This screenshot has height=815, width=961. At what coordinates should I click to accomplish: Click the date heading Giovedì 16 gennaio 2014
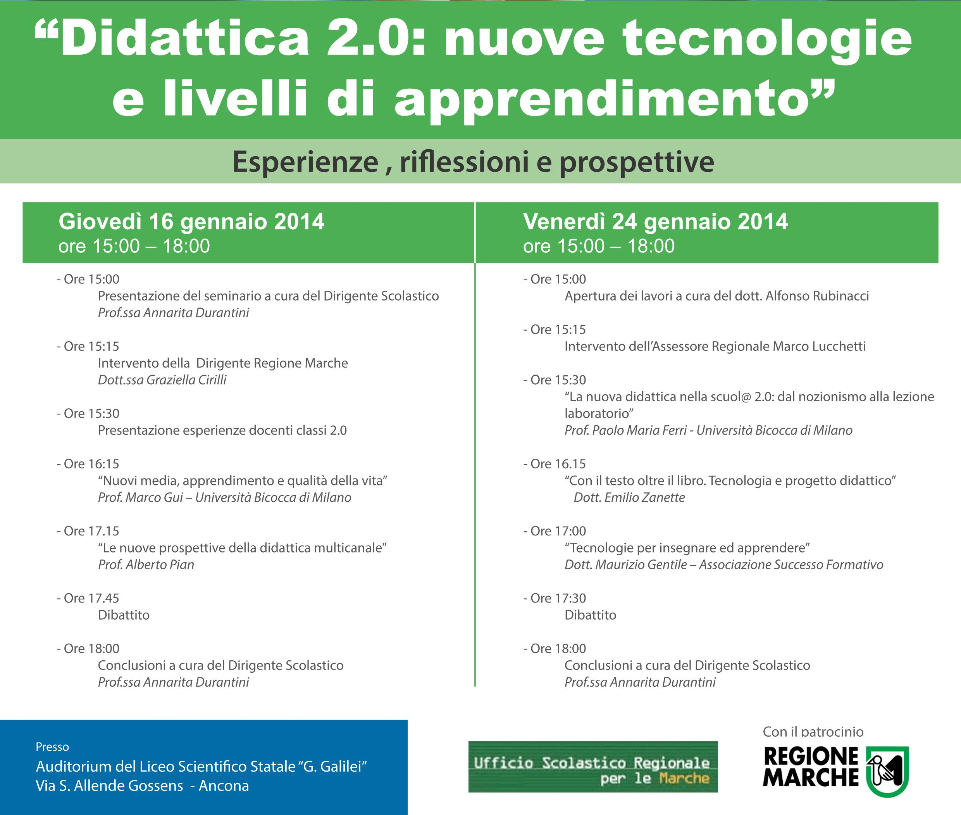tap(191, 222)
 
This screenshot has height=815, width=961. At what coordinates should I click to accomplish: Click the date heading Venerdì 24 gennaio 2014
tap(655, 222)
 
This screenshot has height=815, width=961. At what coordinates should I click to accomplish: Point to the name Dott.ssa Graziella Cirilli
tap(162, 380)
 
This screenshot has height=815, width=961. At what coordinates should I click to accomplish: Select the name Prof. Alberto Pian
tap(146, 565)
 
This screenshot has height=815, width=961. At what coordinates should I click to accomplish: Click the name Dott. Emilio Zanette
tap(629, 497)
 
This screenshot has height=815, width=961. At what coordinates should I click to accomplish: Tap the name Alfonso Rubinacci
tap(817, 296)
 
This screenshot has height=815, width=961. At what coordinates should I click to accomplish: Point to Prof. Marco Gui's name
tap(140, 497)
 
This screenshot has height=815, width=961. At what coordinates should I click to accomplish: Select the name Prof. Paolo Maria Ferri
tap(624, 431)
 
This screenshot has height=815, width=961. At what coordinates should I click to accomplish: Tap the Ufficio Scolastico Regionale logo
tap(593, 767)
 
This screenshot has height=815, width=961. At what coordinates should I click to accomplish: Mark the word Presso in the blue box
tap(52, 747)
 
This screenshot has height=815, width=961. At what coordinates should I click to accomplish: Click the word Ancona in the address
tap(224, 786)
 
